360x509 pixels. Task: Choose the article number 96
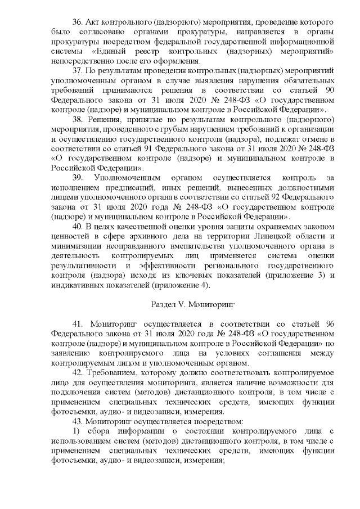pos(328,325)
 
